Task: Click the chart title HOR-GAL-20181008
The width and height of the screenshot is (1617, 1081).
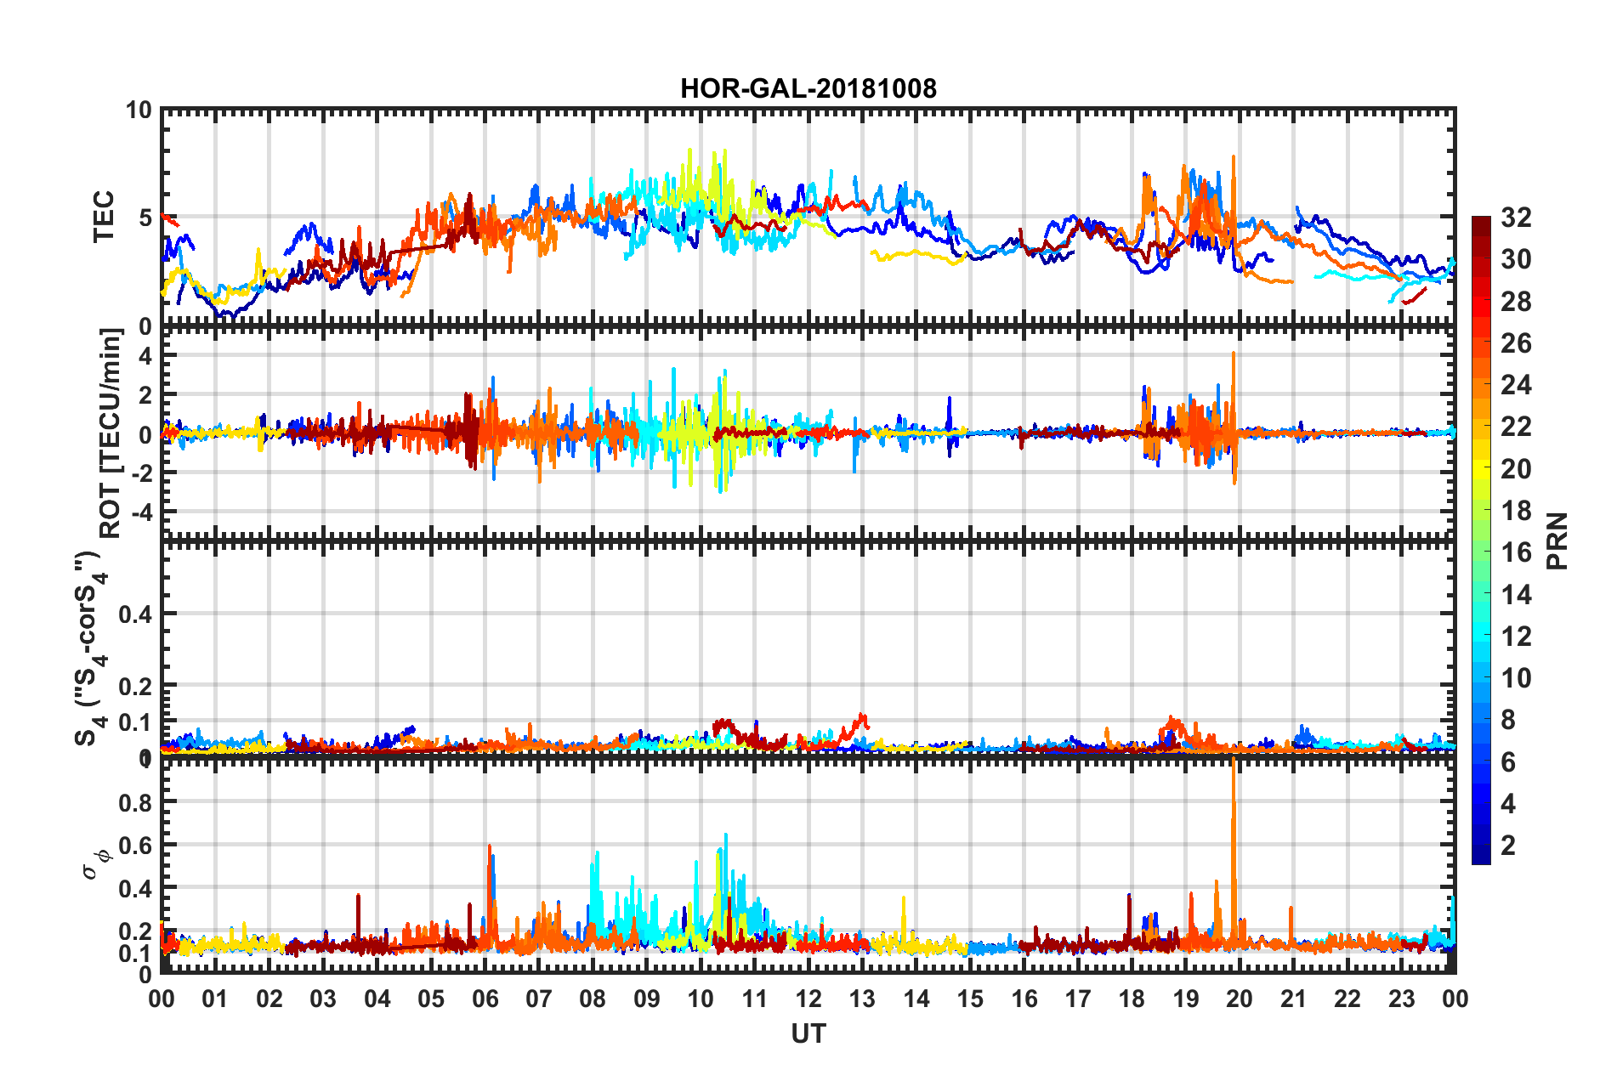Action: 808,88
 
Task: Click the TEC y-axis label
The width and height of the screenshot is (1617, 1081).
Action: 103,217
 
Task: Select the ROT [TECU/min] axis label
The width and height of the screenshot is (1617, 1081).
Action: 111,433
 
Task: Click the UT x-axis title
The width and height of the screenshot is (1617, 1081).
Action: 808,1033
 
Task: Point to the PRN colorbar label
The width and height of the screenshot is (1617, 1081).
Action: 1557,540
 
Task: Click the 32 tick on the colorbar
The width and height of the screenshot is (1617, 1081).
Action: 1516,218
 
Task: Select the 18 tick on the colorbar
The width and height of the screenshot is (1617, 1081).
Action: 1516,510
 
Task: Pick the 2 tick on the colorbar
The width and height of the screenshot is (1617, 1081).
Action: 1509,845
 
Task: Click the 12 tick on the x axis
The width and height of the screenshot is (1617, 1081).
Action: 808,999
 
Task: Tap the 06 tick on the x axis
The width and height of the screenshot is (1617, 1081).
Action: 485,999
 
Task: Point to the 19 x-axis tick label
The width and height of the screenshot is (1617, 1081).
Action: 1186,999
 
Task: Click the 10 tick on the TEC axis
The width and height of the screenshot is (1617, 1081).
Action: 139,110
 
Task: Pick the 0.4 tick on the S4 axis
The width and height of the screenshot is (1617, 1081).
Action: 135,614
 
